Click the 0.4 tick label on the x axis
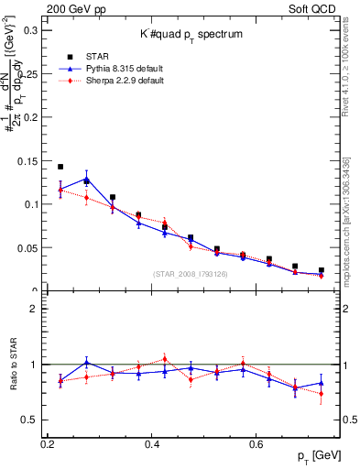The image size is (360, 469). click(x=151, y=443)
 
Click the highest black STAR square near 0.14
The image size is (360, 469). click(x=60, y=167)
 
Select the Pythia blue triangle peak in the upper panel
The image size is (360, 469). click(x=86, y=180)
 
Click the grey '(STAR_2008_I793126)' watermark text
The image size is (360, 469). click(x=191, y=274)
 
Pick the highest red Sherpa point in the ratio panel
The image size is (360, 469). click(x=165, y=359)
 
